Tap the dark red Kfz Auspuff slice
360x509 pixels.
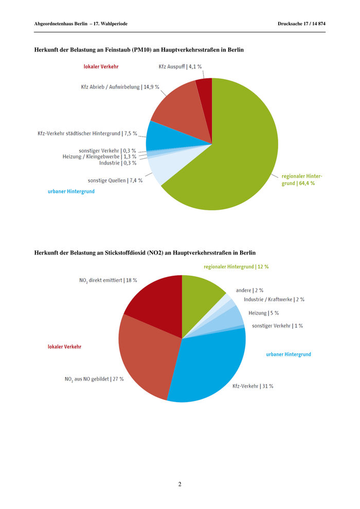click(205, 93)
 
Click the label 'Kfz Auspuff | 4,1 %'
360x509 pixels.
click(180, 66)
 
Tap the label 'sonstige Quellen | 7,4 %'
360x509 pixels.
click(115, 180)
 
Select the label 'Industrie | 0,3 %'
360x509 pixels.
click(118, 163)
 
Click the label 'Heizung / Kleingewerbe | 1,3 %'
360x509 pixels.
click(99, 156)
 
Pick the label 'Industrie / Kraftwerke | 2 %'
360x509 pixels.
click(274, 299)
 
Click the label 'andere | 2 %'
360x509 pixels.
click(249, 290)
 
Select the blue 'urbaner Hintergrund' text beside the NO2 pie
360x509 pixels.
click(288, 354)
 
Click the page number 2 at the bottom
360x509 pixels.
click(179, 484)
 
